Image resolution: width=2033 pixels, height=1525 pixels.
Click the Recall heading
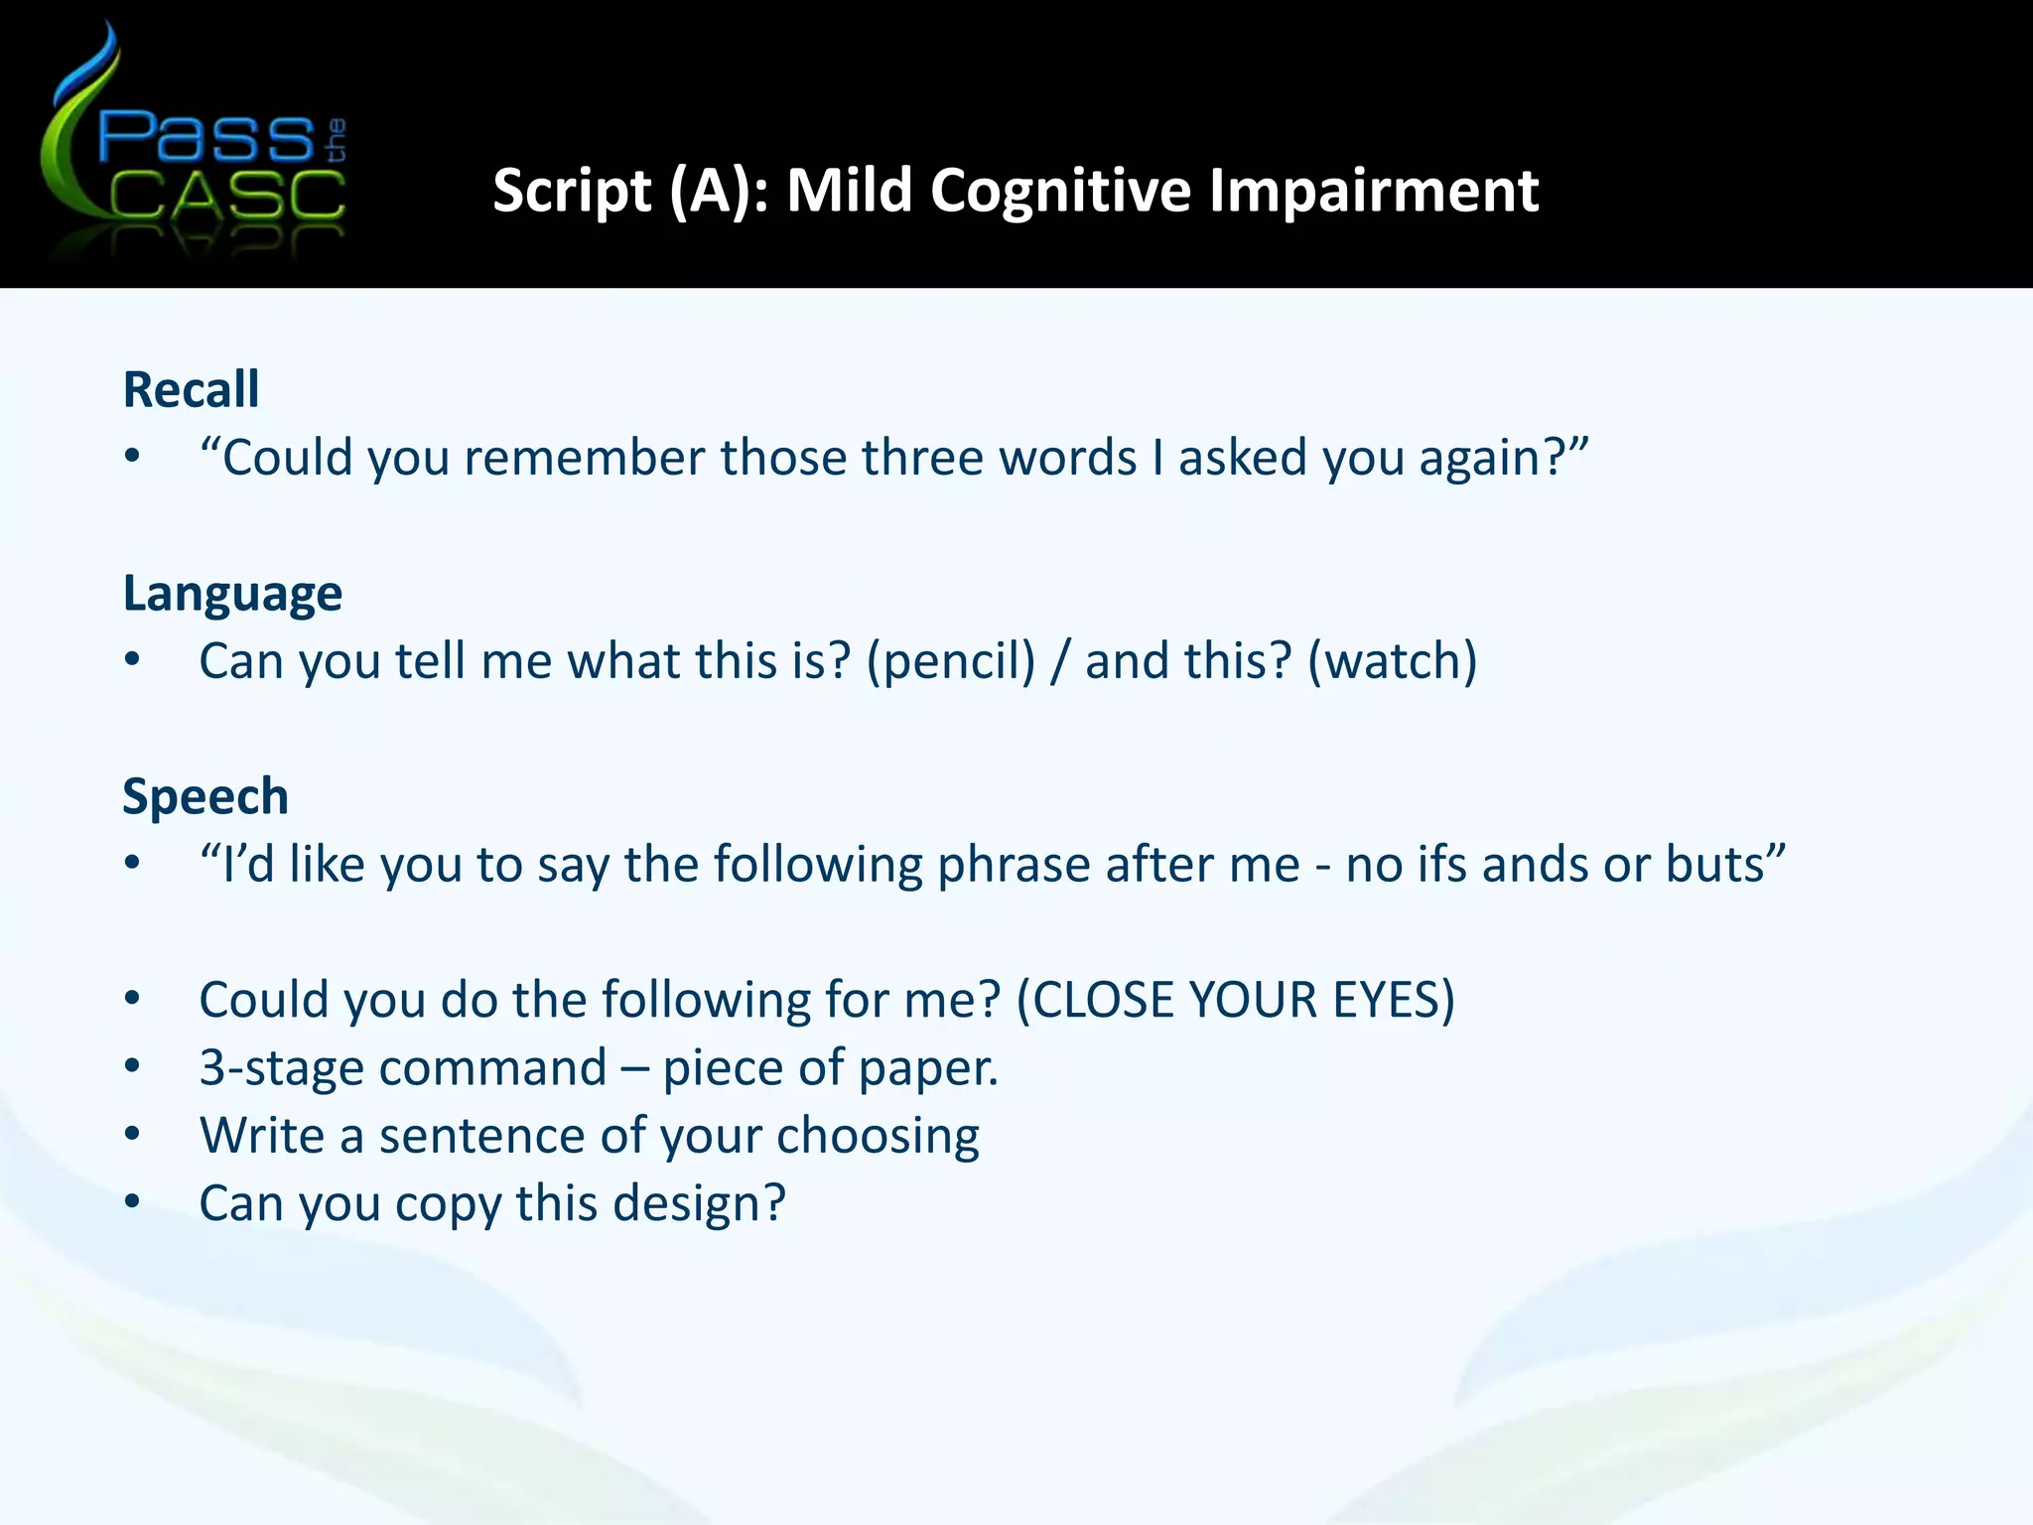tap(191, 389)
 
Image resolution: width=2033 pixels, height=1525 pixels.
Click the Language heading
tap(232, 594)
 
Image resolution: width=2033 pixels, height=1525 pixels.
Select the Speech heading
tap(205, 796)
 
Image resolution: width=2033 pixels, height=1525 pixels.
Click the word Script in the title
tap(571, 190)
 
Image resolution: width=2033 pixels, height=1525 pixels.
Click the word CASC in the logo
tap(226, 196)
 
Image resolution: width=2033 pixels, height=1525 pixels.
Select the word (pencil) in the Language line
tap(951, 661)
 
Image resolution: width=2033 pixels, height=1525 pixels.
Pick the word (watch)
tap(1392, 661)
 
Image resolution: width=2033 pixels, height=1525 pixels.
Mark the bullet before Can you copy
tap(132, 1202)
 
